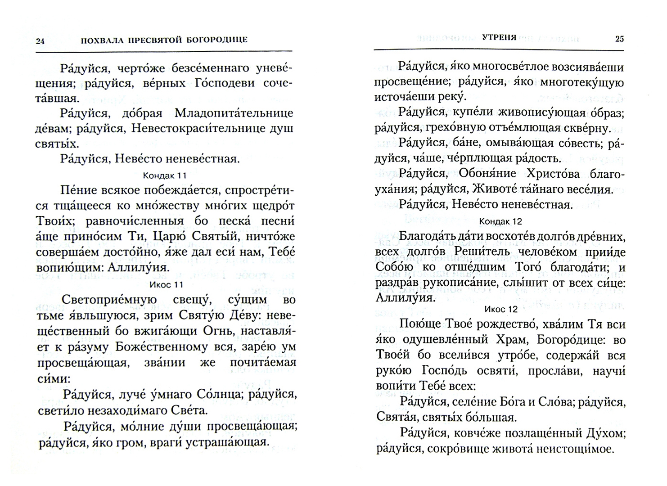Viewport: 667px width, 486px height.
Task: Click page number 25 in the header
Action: (x=619, y=39)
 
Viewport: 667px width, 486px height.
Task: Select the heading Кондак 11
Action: (x=164, y=175)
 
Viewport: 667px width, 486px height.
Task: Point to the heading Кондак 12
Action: (x=500, y=221)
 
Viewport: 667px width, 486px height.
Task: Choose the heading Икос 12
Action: (x=500, y=309)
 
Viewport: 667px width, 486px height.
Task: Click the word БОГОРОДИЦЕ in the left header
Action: (x=216, y=40)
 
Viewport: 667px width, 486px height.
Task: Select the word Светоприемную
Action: (x=108, y=300)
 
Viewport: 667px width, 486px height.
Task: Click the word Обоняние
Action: (x=486, y=174)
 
